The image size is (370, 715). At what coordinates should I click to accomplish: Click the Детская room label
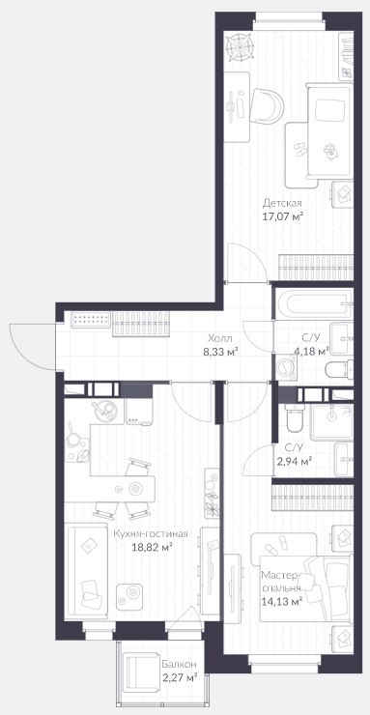click(x=282, y=203)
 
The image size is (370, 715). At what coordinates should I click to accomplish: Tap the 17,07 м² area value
click(x=282, y=216)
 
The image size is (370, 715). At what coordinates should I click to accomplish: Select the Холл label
click(x=219, y=338)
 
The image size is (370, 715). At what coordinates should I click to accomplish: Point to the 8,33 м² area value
click(x=221, y=351)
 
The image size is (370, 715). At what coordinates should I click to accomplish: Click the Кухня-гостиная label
click(x=151, y=534)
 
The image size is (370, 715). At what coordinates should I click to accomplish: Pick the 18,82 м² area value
click(x=151, y=547)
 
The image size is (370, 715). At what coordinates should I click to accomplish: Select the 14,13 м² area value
click(x=282, y=601)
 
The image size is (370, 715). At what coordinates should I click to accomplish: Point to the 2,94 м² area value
click(x=294, y=461)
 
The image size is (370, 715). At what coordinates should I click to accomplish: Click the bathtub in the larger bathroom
click(x=313, y=302)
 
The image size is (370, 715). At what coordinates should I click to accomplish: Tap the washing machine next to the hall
click(x=286, y=366)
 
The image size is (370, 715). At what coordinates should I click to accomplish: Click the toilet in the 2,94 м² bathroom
click(x=294, y=416)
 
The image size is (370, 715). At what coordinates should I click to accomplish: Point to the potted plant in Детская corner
click(x=240, y=46)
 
